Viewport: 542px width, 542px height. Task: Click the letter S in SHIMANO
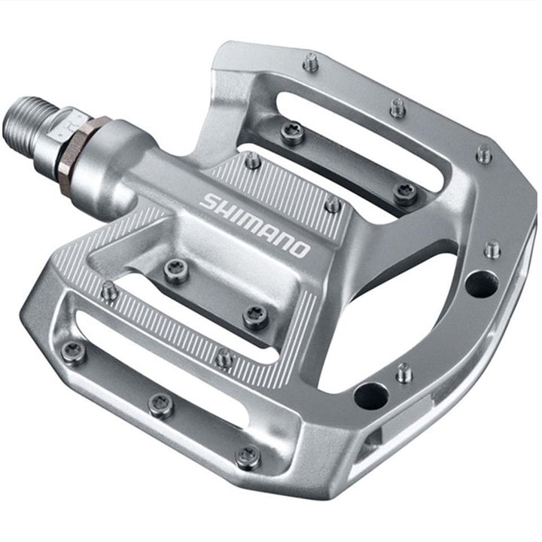209,202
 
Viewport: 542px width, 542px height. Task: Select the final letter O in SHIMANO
298,248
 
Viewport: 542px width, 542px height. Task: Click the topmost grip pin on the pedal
311,62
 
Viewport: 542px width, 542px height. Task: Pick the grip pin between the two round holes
405,372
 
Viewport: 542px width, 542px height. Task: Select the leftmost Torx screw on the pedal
73,351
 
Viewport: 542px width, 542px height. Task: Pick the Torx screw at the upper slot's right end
405,193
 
